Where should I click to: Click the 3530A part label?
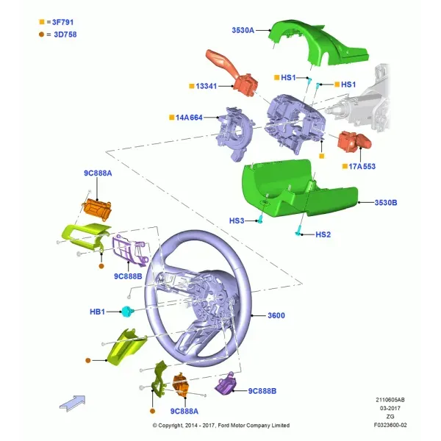[243, 30]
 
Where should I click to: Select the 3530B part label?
[386, 203]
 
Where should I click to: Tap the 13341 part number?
[206, 86]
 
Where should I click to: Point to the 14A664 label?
[189, 118]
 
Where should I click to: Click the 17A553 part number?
[362, 167]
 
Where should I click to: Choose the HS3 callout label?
[237, 220]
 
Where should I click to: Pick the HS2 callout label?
[323, 234]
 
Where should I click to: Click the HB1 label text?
[97, 312]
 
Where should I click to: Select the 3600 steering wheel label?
[276, 315]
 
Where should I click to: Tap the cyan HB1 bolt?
[127, 311]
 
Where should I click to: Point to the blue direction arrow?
[73, 404]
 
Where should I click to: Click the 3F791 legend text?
[62, 22]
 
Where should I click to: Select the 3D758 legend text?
[65, 35]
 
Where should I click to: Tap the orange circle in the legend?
[42, 35]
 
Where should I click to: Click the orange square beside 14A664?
[171, 118]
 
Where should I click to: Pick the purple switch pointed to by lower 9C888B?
[226, 382]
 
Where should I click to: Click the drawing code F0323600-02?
[390, 425]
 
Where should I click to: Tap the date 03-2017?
[390, 408]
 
